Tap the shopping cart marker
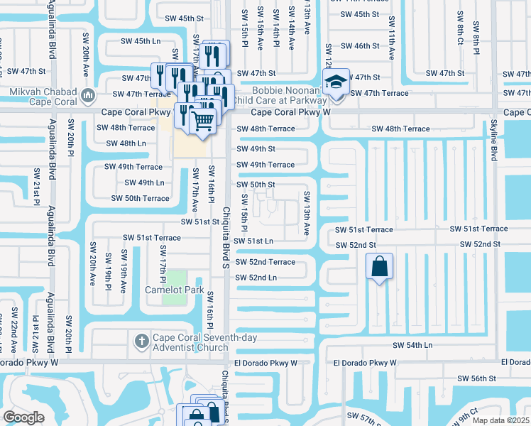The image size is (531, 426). (203, 122)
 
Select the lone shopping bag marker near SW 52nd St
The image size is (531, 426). (380, 268)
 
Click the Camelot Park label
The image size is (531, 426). (175, 290)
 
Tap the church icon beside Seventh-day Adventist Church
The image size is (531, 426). (141, 341)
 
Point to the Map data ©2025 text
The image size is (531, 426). (501, 420)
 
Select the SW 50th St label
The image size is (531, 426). (256, 185)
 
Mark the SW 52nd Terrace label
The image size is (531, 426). (265, 262)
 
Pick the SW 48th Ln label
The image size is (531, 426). (126, 143)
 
